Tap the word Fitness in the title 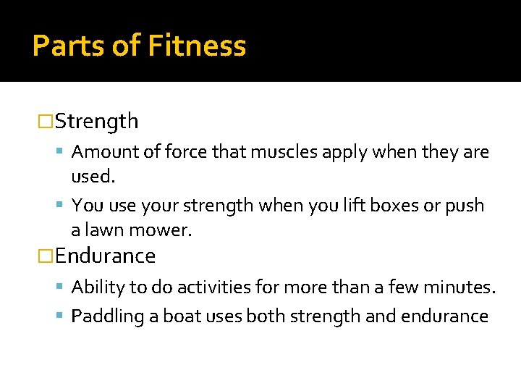[197, 46]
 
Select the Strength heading [96, 122]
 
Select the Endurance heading [105, 256]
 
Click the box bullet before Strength [46, 122]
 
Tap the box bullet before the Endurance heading [46, 256]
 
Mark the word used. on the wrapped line [93, 177]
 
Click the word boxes [396, 206]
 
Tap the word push [465, 206]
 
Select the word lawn [106, 230]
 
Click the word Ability [98, 287]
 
